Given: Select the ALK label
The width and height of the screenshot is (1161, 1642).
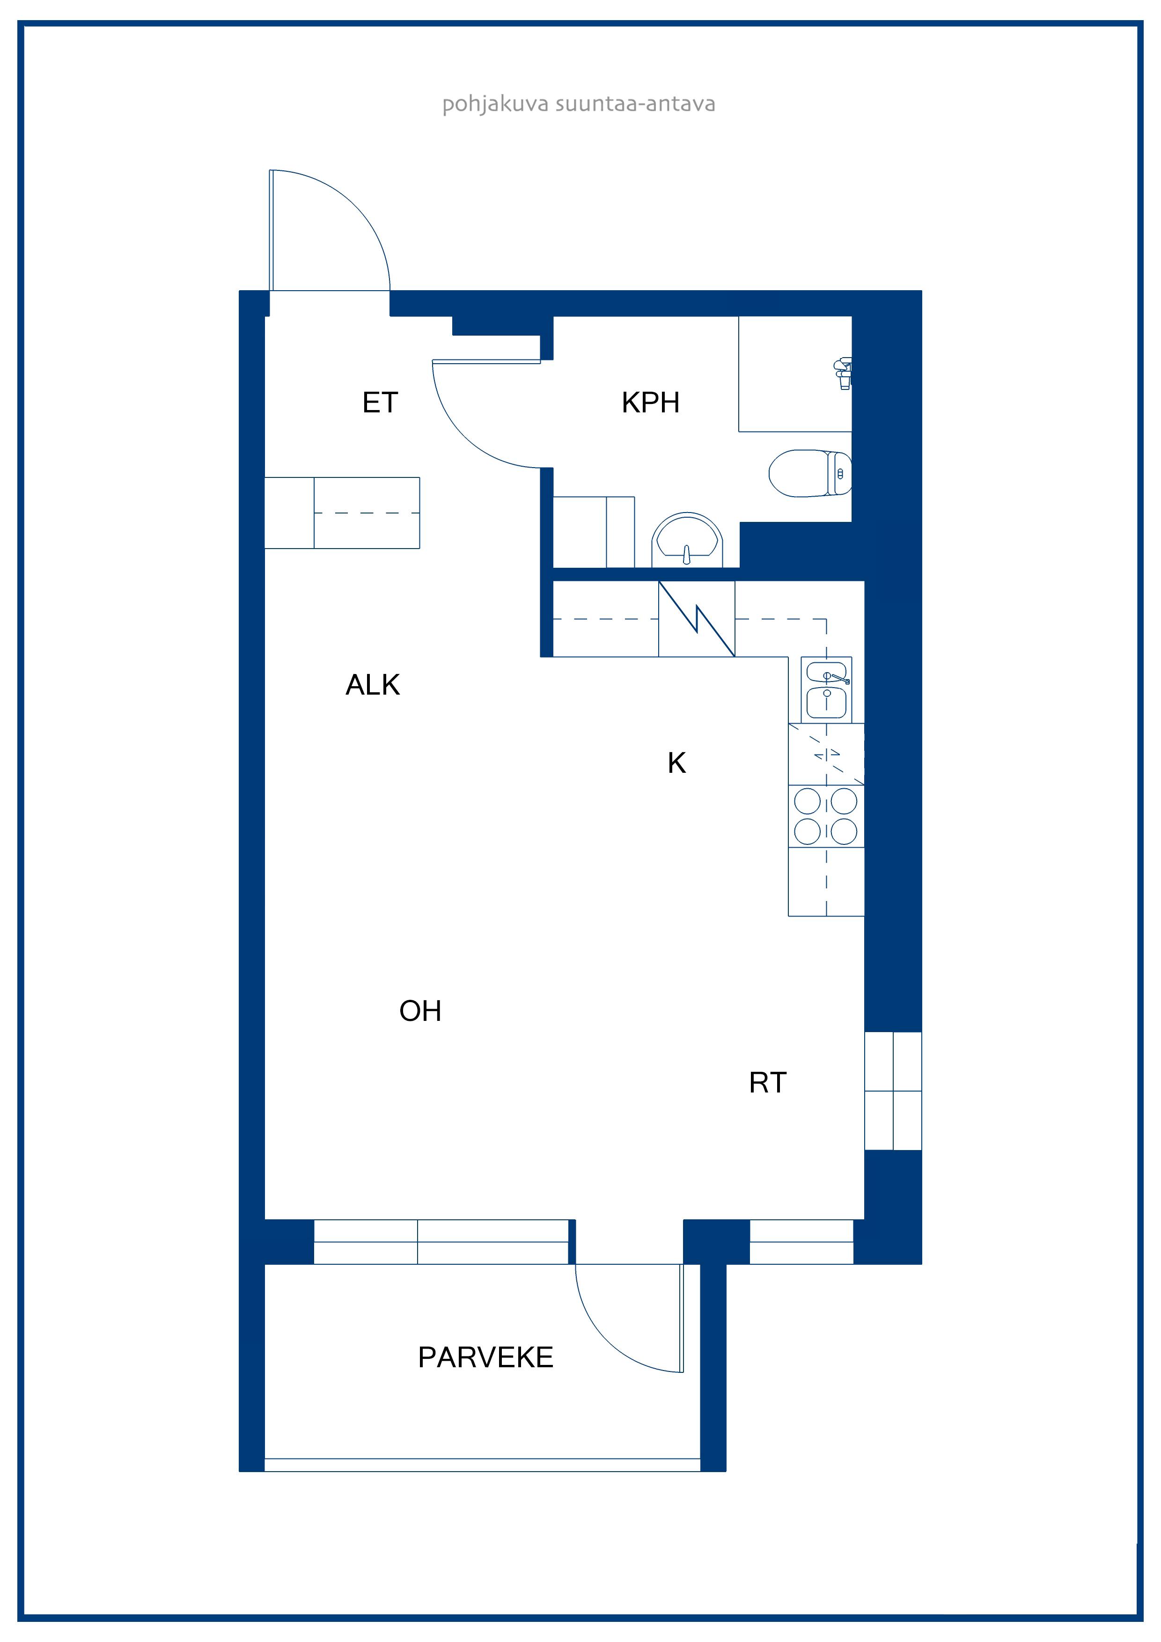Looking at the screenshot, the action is coord(373,685).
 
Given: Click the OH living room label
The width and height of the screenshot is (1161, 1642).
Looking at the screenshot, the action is coord(420,1011).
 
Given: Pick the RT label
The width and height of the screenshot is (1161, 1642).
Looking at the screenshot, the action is coord(768,1083).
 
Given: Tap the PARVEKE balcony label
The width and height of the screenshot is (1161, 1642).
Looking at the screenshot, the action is coord(486,1357).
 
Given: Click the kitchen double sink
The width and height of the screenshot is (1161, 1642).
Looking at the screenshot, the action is coord(826,690).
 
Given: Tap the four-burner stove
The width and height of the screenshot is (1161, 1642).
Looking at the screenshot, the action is coord(826,816).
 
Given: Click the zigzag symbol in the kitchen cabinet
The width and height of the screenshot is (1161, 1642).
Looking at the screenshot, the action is coord(696,619).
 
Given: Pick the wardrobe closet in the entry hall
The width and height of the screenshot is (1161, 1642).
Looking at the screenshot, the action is coord(342,513).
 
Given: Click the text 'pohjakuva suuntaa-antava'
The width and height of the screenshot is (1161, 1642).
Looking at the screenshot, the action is coord(579,104).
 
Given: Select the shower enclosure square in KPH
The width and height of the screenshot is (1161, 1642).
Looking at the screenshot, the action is coord(795,374).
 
